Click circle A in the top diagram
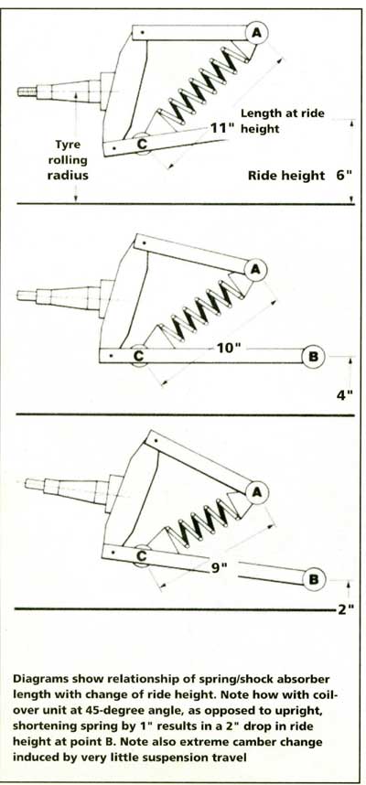point(257,34)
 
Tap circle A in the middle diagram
point(255,270)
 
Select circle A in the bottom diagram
point(257,492)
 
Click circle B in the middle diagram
point(314,357)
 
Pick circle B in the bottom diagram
point(315,579)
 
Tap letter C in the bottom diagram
point(142,555)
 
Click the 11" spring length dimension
point(221,128)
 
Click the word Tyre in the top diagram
point(68,145)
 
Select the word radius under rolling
point(68,176)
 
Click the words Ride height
point(286,176)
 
